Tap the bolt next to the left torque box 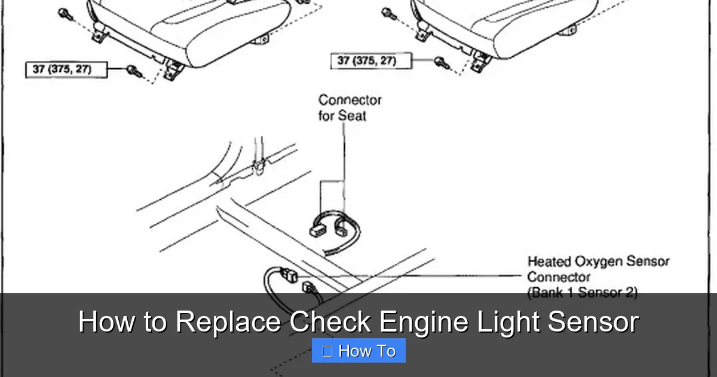pos(133,71)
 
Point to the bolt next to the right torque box pos(440,60)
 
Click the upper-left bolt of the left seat pos(63,13)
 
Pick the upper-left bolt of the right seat pos(387,11)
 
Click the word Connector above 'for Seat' pos(350,99)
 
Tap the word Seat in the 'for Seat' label pos(353,115)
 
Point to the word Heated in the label pos(549,262)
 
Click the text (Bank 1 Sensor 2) pos(582,293)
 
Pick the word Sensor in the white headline pos(593,322)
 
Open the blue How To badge pos(358,351)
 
